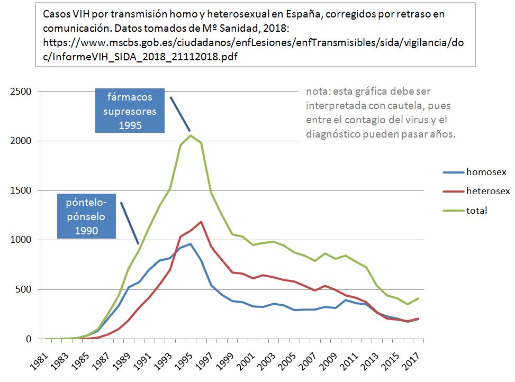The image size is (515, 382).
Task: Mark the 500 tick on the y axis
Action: [24, 289]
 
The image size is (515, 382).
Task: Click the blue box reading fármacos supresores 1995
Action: [130, 111]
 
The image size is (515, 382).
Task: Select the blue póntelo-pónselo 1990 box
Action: [86, 216]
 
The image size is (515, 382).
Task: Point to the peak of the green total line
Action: [191, 135]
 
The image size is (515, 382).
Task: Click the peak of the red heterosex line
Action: [201, 222]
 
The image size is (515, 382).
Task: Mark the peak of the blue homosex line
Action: [191, 244]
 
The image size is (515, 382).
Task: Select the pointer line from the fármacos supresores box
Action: [180, 114]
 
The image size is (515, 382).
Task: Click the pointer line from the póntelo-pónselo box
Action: [130, 223]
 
